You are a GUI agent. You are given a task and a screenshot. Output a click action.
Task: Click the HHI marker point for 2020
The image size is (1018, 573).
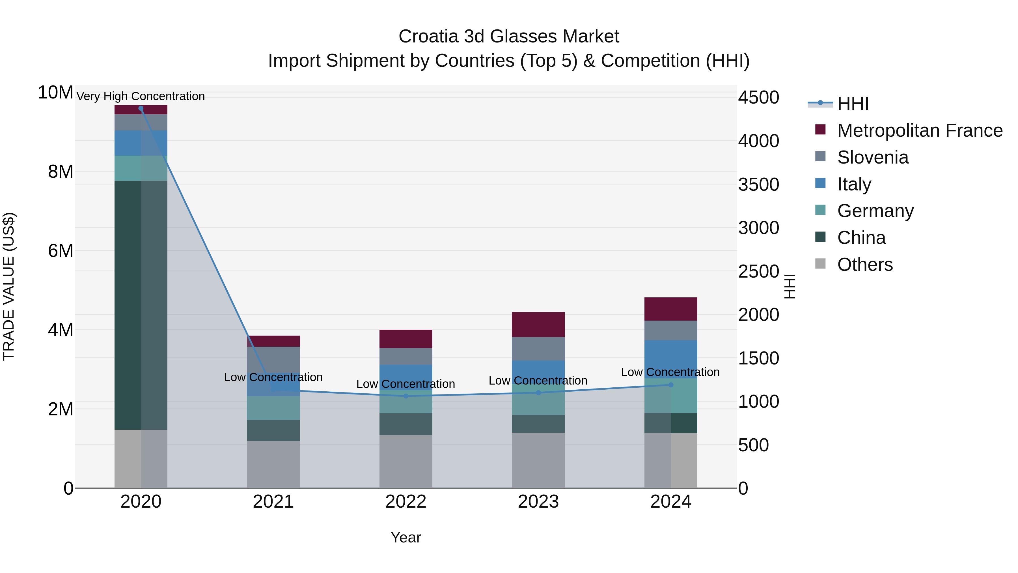point(141,108)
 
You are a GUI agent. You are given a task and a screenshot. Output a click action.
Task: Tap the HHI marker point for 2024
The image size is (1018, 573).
point(671,385)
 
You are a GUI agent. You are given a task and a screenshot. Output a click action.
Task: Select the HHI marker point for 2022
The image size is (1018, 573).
point(406,396)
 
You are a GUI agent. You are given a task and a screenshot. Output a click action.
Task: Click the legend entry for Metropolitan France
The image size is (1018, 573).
point(919,130)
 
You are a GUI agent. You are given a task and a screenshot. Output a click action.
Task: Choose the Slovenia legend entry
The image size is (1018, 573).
point(873,157)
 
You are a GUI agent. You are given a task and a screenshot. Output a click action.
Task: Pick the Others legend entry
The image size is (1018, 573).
point(865,265)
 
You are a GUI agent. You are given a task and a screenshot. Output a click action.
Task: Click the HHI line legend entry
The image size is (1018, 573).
point(853,104)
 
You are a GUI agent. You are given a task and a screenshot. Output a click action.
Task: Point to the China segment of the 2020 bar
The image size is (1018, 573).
point(141,304)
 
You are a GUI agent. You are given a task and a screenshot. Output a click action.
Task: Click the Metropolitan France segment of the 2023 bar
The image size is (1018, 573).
point(538,324)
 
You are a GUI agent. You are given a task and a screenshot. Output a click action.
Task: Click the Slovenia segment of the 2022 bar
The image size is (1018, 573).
point(406,356)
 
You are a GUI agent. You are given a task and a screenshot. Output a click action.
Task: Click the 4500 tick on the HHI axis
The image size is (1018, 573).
point(758,98)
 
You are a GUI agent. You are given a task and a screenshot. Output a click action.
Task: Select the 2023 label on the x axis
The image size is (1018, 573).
point(538,502)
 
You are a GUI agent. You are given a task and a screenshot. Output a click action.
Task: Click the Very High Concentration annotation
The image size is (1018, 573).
point(141,96)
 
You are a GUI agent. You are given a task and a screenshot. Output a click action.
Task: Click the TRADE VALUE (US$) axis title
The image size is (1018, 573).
point(9,286)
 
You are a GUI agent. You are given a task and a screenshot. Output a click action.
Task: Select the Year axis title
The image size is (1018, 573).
point(406,537)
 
